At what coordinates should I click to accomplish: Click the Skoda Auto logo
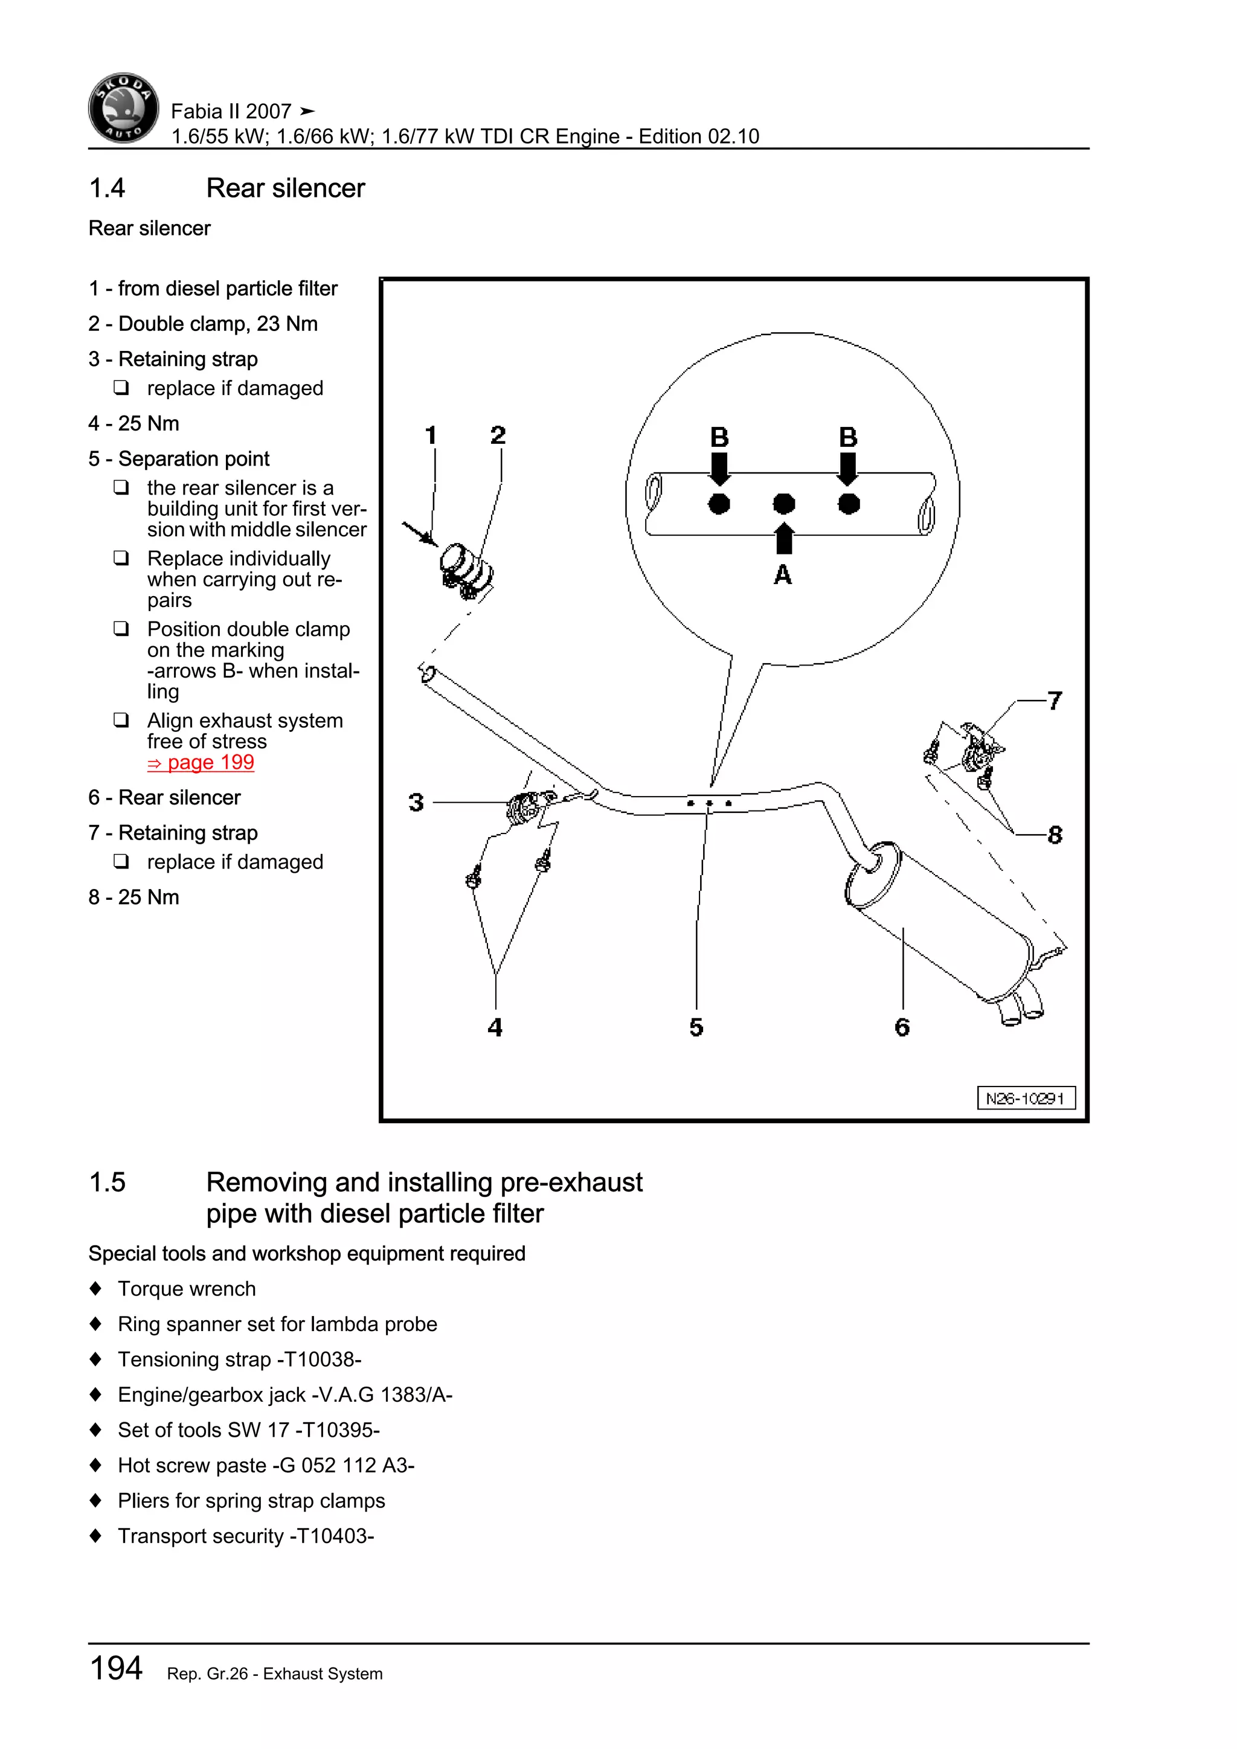[123, 108]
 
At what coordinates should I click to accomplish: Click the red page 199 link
[201, 763]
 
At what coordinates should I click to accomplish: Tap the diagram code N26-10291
[1025, 1099]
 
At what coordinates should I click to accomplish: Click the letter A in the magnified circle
[782, 574]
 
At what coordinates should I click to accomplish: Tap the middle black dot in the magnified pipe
[784, 504]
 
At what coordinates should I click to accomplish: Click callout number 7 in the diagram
[1054, 701]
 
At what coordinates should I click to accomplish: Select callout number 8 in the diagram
[1054, 835]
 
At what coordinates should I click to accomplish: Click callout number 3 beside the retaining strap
[416, 802]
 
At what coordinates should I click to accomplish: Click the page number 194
[116, 1668]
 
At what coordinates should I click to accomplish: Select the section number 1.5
[108, 1183]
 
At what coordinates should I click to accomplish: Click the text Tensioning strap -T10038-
[239, 1359]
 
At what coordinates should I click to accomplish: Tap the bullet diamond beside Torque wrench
[95, 1289]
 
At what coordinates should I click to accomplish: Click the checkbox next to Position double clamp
[121, 629]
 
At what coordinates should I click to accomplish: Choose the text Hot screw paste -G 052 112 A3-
[266, 1466]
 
